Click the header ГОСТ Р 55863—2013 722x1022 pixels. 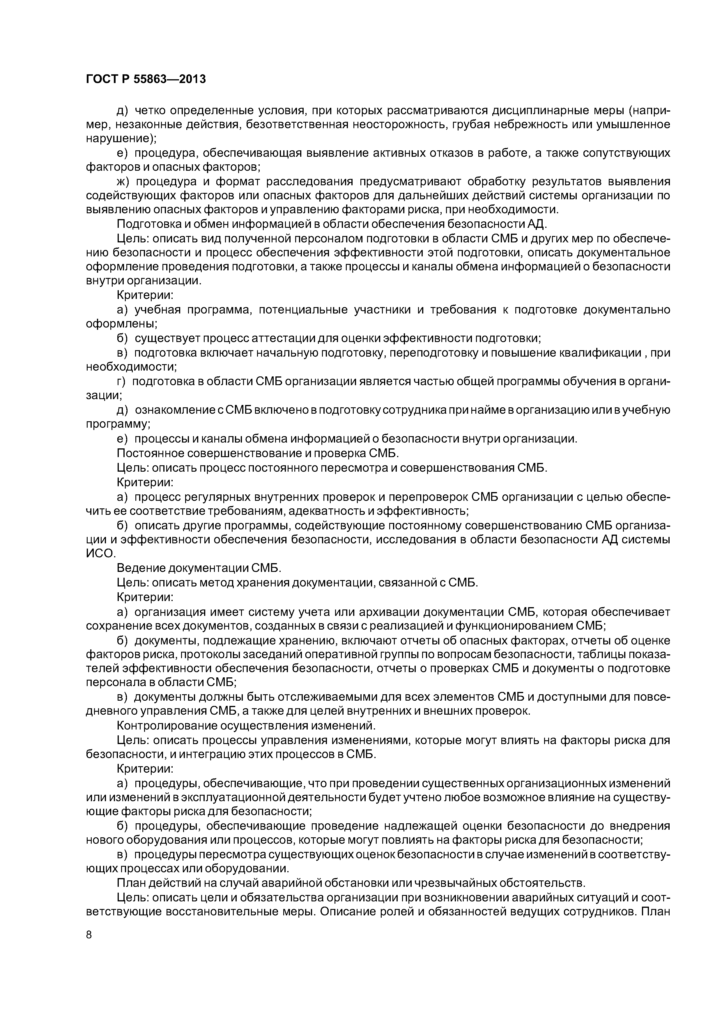(x=146, y=79)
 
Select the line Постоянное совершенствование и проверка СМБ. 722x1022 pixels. (x=258, y=453)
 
